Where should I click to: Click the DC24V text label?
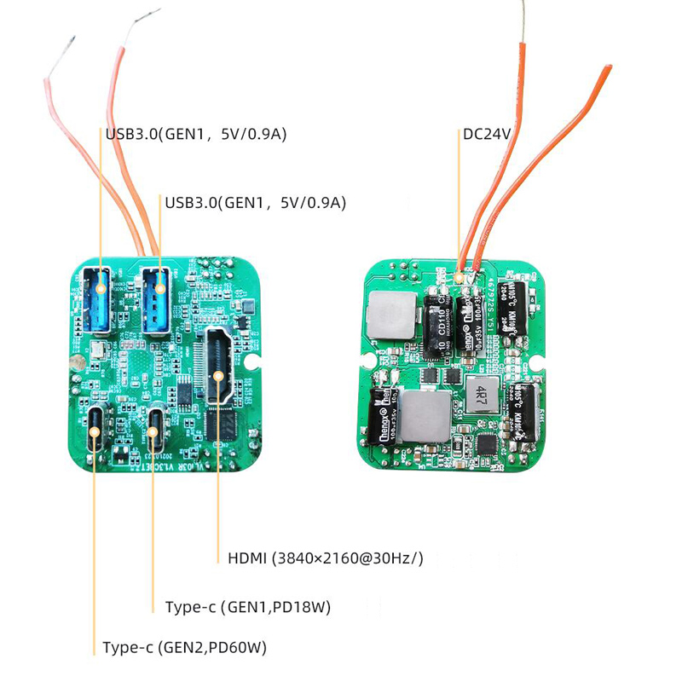click(x=486, y=134)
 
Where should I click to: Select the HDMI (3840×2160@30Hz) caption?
click(x=326, y=559)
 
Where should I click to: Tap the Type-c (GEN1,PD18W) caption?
click(x=248, y=607)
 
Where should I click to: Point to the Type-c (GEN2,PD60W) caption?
click(x=184, y=648)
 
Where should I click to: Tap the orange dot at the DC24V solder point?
click(x=459, y=276)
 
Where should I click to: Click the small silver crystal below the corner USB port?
click(x=100, y=348)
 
